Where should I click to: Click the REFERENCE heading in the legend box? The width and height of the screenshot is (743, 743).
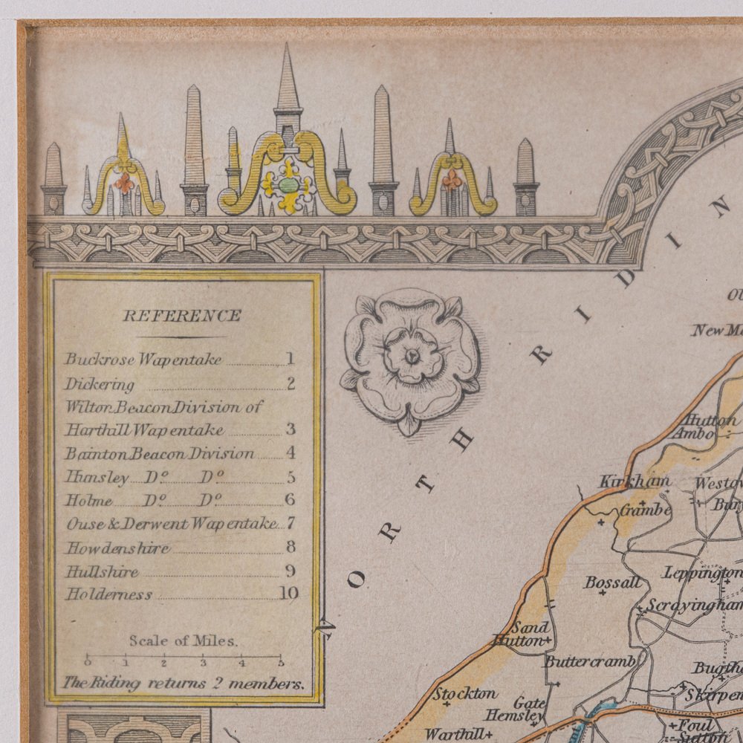(181, 315)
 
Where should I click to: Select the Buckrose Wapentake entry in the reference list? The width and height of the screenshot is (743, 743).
(143, 359)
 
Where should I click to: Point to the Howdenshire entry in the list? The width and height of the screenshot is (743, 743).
(117, 548)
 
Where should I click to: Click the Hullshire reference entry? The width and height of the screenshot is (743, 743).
(102, 571)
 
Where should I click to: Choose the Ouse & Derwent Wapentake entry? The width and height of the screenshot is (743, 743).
(171, 523)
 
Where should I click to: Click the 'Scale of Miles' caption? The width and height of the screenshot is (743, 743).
(183, 640)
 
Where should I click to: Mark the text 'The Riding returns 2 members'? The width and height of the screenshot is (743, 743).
(183, 683)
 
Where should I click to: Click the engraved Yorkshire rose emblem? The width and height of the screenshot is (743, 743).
(410, 357)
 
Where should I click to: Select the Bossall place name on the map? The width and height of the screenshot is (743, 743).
(612, 582)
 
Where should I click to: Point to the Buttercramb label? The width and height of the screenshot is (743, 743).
(590, 661)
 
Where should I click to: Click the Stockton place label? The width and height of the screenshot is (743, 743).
(465, 694)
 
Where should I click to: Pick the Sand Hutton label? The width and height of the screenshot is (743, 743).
(529, 633)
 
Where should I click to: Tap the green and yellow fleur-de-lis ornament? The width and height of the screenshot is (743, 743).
(288, 182)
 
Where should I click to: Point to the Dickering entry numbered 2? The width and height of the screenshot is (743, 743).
(100, 384)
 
